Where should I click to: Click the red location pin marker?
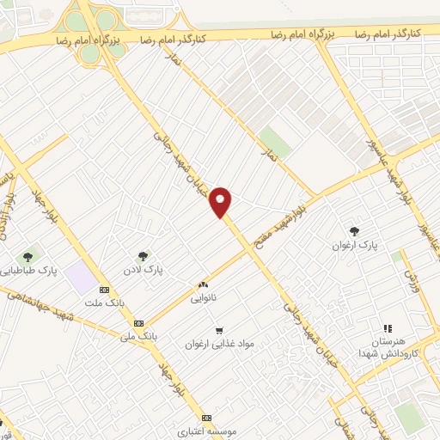(222, 201)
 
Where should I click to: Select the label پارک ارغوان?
(355, 246)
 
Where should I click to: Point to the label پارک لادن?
(143, 269)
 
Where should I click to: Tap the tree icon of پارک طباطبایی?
(27, 255)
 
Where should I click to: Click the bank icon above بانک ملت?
(105, 290)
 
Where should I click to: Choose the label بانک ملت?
(101, 303)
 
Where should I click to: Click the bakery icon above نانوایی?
(204, 285)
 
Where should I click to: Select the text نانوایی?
(204, 299)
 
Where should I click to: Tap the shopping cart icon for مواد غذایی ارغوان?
(219, 329)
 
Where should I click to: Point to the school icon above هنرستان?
(387, 327)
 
